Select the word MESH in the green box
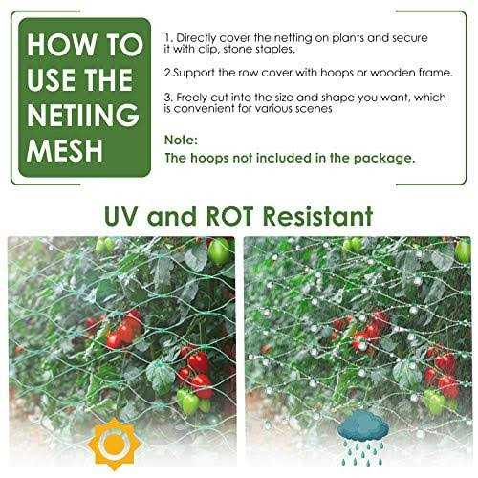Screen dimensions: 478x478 coord(64,151)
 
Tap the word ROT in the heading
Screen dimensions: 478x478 coord(231,211)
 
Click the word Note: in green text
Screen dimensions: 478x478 coord(182,138)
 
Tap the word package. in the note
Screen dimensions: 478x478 coord(359,157)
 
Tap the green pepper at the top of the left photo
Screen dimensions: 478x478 coord(220,250)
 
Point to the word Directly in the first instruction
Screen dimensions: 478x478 coord(215,34)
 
